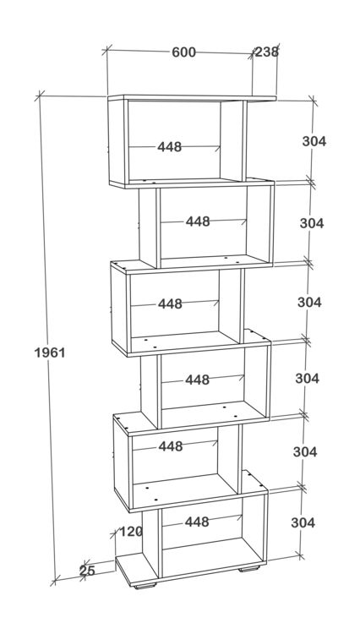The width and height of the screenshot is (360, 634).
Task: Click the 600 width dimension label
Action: click(184, 52)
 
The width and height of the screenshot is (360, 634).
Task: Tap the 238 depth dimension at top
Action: click(267, 52)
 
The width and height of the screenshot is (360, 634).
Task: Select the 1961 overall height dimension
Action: click(50, 353)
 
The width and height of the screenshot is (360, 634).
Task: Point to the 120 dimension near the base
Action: click(131, 532)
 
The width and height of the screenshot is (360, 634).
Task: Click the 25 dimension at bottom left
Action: click(87, 571)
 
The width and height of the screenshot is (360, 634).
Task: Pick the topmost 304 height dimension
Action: click(314, 141)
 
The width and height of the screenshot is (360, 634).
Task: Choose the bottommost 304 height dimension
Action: click(303, 522)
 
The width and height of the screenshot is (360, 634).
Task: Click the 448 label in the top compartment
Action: click(170, 147)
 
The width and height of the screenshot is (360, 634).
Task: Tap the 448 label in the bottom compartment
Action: click(197, 522)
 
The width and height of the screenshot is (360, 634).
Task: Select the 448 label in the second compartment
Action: click(198, 221)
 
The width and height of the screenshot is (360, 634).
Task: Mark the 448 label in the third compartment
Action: click(170, 303)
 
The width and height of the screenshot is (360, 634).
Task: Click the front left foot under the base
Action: click(145, 585)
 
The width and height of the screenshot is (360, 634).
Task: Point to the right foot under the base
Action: click(249, 569)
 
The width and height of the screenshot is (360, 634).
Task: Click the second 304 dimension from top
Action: click(312, 223)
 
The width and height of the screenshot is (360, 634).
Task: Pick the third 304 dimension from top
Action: click(309, 302)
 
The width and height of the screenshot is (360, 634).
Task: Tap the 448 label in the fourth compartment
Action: click(198, 380)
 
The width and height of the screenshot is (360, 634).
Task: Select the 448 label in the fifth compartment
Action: click(171, 446)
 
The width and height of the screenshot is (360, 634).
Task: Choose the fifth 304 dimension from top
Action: click(305, 451)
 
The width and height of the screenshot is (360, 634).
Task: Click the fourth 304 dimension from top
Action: click(307, 378)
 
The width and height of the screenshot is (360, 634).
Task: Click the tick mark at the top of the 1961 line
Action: click(39, 96)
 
